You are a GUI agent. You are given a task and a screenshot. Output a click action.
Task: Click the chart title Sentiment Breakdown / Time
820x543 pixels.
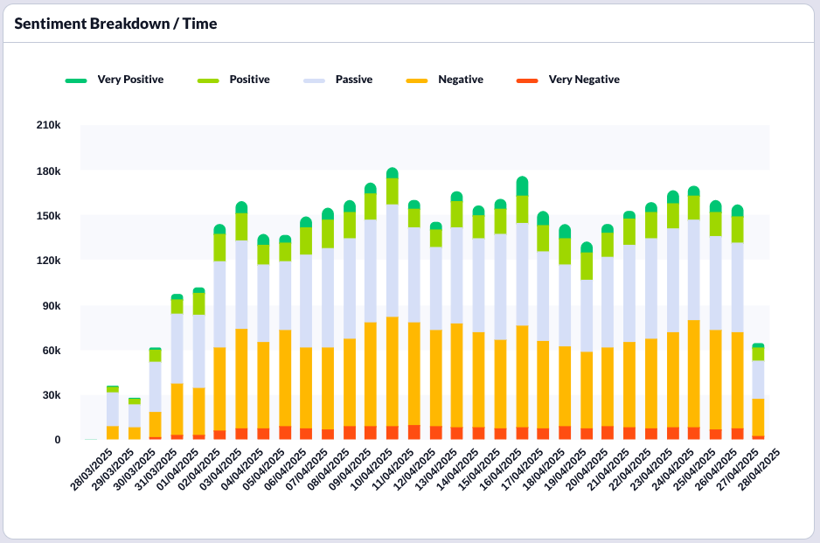click(115, 24)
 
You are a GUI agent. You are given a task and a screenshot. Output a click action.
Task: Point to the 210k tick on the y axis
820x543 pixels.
click(48, 126)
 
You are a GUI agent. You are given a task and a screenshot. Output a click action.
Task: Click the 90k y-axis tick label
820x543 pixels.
click(51, 306)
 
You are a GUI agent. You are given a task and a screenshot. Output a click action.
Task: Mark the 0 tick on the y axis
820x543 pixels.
click(57, 440)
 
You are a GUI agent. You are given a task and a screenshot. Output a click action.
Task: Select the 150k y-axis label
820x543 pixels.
click(48, 216)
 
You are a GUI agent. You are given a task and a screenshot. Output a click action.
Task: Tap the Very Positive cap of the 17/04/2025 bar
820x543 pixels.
click(522, 185)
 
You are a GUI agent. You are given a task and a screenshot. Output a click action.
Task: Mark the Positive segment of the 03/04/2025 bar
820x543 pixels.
click(220, 247)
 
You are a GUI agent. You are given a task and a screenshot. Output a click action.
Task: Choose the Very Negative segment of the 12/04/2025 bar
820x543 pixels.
click(414, 432)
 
